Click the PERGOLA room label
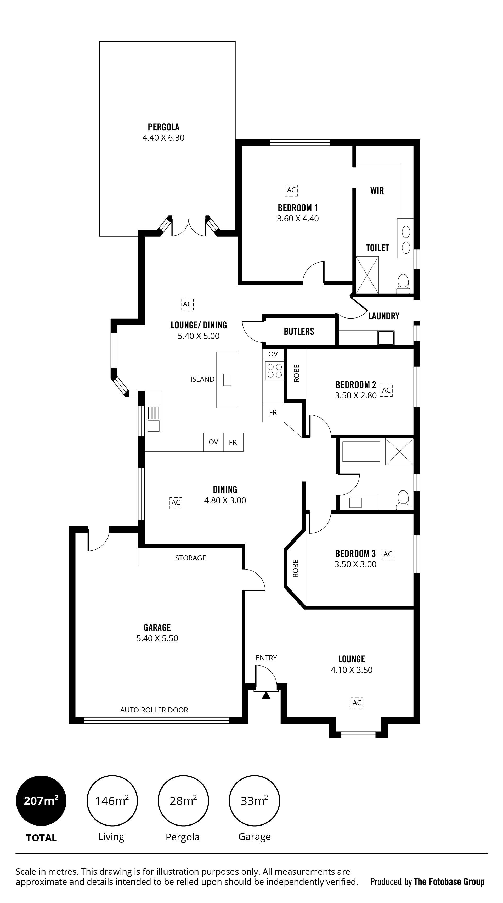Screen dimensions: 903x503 click(x=163, y=127)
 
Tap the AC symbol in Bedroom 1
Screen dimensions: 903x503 click(x=291, y=190)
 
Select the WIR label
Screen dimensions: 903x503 click(x=377, y=191)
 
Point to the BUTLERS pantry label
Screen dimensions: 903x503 click(x=299, y=331)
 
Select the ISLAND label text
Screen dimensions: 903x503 click(x=202, y=379)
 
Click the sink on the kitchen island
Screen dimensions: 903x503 click(x=227, y=380)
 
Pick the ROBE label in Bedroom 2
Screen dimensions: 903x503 click(x=296, y=373)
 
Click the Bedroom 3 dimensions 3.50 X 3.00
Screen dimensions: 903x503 click(x=355, y=564)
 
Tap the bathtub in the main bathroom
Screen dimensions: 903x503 click(x=361, y=451)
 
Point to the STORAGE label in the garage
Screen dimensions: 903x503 click(x=190, y=558)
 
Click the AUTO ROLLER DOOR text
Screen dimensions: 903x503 click(x=154, y=710)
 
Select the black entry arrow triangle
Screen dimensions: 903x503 click(x=266, y=695)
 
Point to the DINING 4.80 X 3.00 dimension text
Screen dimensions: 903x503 click(x=225, y=500)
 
